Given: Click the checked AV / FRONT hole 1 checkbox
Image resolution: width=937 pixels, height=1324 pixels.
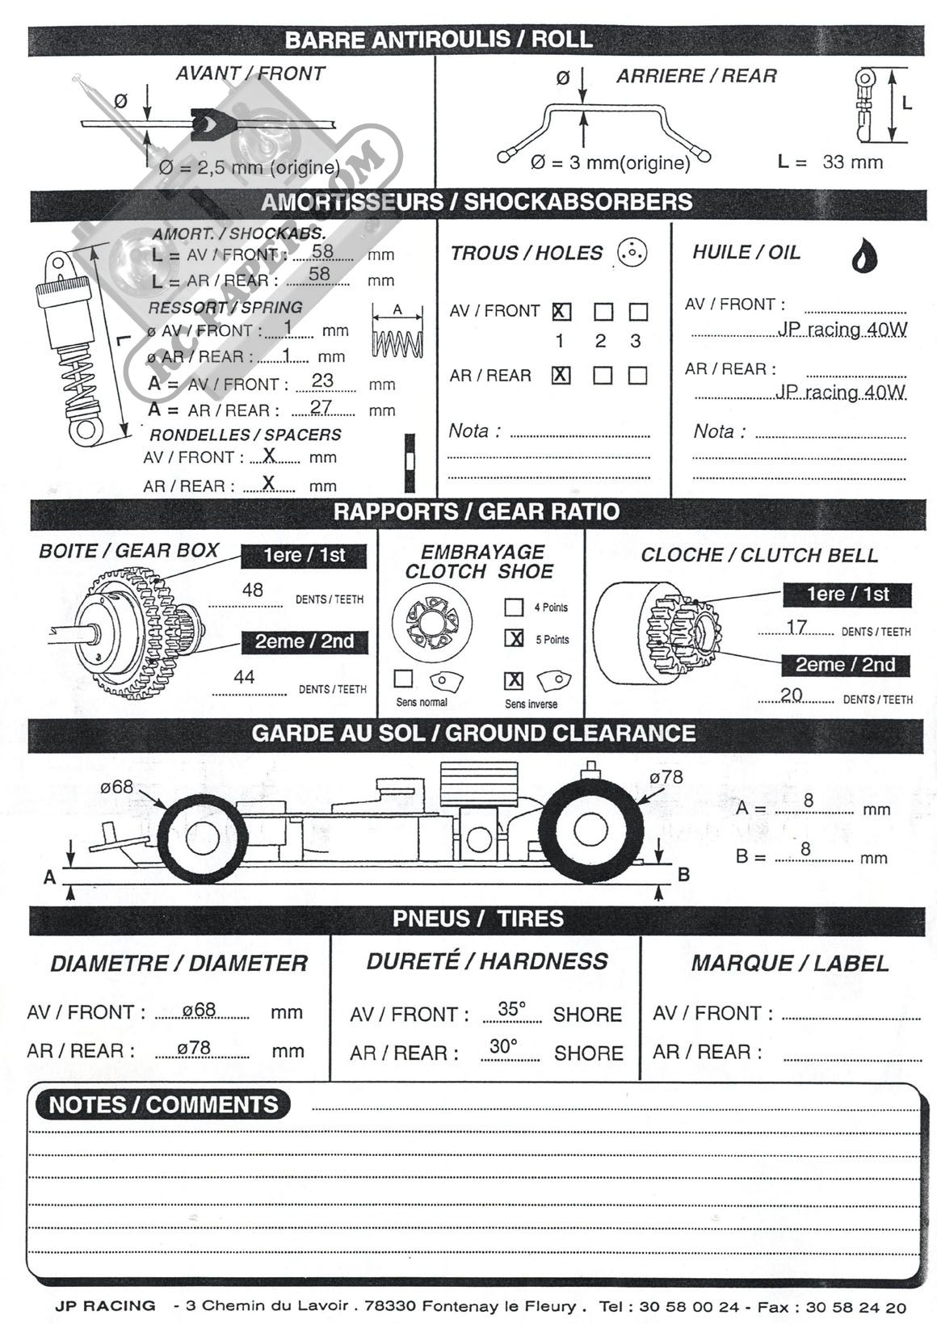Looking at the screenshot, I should [561, 312].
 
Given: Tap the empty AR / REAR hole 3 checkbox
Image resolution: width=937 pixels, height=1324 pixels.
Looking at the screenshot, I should [638, 375].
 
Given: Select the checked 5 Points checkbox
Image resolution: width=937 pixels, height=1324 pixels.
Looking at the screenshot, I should [514, 638].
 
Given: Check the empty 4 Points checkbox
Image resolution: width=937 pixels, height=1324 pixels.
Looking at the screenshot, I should [514, 607].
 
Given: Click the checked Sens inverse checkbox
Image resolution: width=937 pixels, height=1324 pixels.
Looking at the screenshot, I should [514, 680].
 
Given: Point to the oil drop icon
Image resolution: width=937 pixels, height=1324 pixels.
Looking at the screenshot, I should [865, 254].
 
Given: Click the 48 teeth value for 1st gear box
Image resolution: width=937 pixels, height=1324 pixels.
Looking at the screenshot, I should [252, 591].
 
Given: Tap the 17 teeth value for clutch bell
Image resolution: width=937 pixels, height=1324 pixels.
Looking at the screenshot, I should [796, 627].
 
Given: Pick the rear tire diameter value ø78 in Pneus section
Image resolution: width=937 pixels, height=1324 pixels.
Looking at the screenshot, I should [194, 1048].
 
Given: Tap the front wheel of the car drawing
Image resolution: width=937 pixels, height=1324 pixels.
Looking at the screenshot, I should [202, 839].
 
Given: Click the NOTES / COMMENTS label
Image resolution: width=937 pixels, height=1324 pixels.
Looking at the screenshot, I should [163, 1104].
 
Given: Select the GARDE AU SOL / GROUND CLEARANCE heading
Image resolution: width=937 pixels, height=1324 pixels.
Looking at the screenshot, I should [473, 733].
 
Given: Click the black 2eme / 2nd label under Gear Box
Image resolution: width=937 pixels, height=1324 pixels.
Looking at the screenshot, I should [305, 641].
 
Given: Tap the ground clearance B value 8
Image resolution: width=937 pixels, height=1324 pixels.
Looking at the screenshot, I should [805, 849].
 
